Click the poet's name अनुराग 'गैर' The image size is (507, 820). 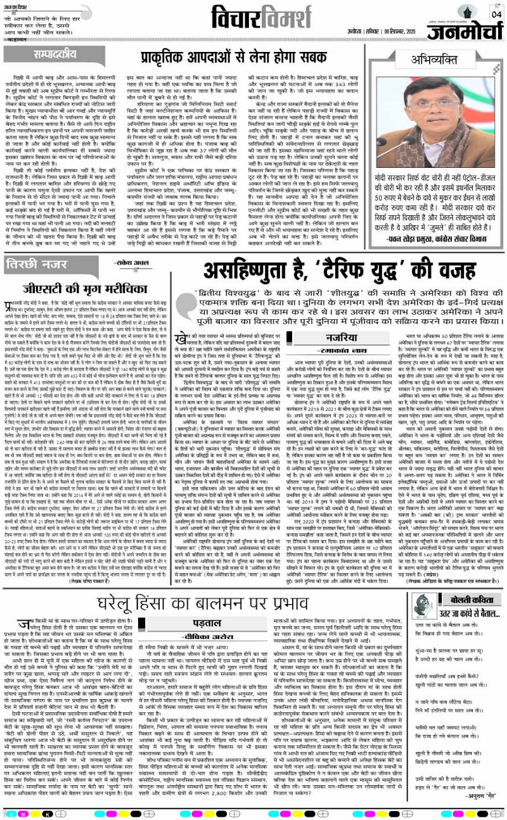[x=479, y=804]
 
